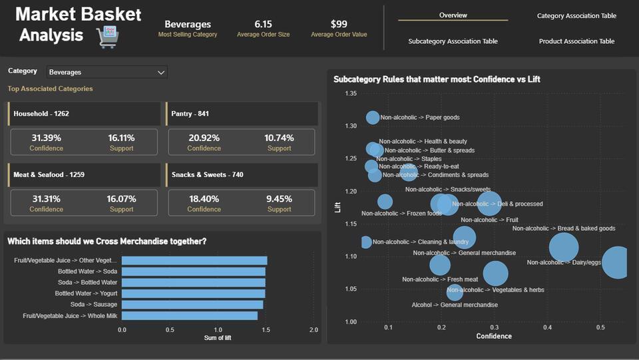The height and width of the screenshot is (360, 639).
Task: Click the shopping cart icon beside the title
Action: [107, 37]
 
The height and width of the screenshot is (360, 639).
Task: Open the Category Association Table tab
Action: [576, 16]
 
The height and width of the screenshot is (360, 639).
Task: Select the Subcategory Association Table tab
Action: [453, 41]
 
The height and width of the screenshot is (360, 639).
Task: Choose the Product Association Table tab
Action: [576, 41]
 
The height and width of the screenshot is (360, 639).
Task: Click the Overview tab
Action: [453, 15]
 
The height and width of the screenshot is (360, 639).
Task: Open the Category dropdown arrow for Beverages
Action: [160, 72]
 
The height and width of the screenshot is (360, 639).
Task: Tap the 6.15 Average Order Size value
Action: [263, 24]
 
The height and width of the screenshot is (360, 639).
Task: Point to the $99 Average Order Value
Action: [339, 24]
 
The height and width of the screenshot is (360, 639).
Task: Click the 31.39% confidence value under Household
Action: [46, 138]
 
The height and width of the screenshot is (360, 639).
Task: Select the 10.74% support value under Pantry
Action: [279, 138]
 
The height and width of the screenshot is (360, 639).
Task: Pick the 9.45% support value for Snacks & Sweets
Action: [279, 198]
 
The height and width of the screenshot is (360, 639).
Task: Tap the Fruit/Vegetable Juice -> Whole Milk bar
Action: [189, 315]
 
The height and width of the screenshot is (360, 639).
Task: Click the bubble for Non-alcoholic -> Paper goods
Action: [373, 118]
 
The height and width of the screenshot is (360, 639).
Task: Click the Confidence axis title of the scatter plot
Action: [494, 336]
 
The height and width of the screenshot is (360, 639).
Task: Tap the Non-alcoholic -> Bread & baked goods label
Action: [563, 228]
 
